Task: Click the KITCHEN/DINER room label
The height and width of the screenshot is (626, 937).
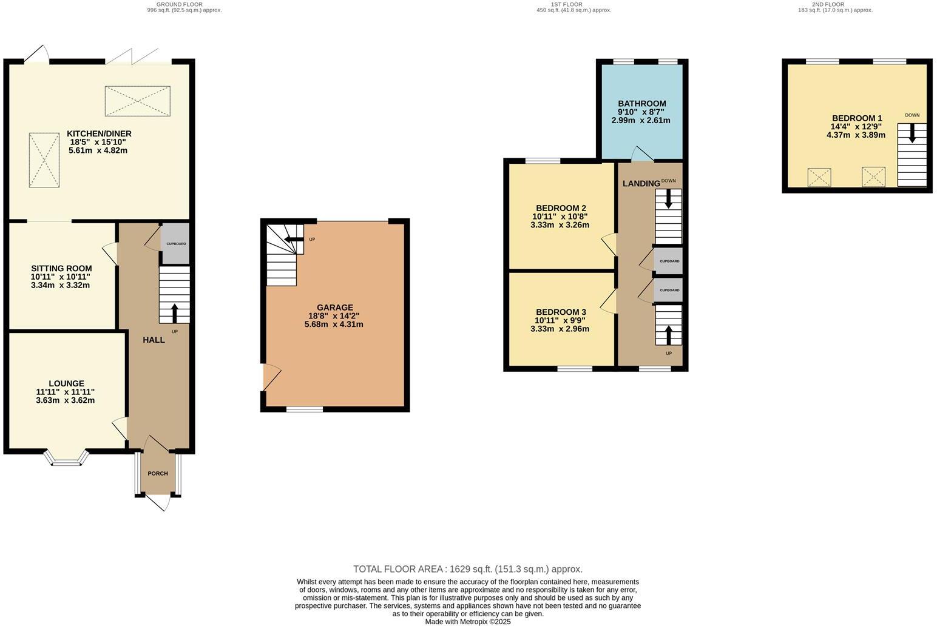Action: [99, 133]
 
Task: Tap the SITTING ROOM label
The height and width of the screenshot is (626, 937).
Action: [61, 268]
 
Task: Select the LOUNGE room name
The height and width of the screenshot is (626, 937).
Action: [66, 383]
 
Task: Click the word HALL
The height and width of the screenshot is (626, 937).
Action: [154, 340]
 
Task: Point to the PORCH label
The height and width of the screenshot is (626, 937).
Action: [158, 473]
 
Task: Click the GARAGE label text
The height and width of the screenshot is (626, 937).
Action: [334, 308]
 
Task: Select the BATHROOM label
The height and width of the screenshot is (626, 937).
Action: [641, 104]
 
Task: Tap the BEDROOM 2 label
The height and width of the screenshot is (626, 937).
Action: [561, 208]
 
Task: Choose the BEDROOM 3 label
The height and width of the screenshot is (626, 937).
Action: [561, 312]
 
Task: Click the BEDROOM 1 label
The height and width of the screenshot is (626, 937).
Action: [856, 118]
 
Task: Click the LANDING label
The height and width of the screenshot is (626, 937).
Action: [641, 183]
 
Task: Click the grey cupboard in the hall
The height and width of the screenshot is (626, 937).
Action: [176, 243]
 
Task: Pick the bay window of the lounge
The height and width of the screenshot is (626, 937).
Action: [66, 459]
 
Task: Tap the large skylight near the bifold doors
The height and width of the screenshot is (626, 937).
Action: [137, 101]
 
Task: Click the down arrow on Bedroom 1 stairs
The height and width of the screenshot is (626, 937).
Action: [912, 133]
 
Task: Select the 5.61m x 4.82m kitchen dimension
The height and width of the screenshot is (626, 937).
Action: [98, 150]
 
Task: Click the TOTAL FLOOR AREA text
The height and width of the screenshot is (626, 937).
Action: [468, 569]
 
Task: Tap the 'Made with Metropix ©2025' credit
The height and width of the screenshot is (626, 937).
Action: [468, 621]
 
